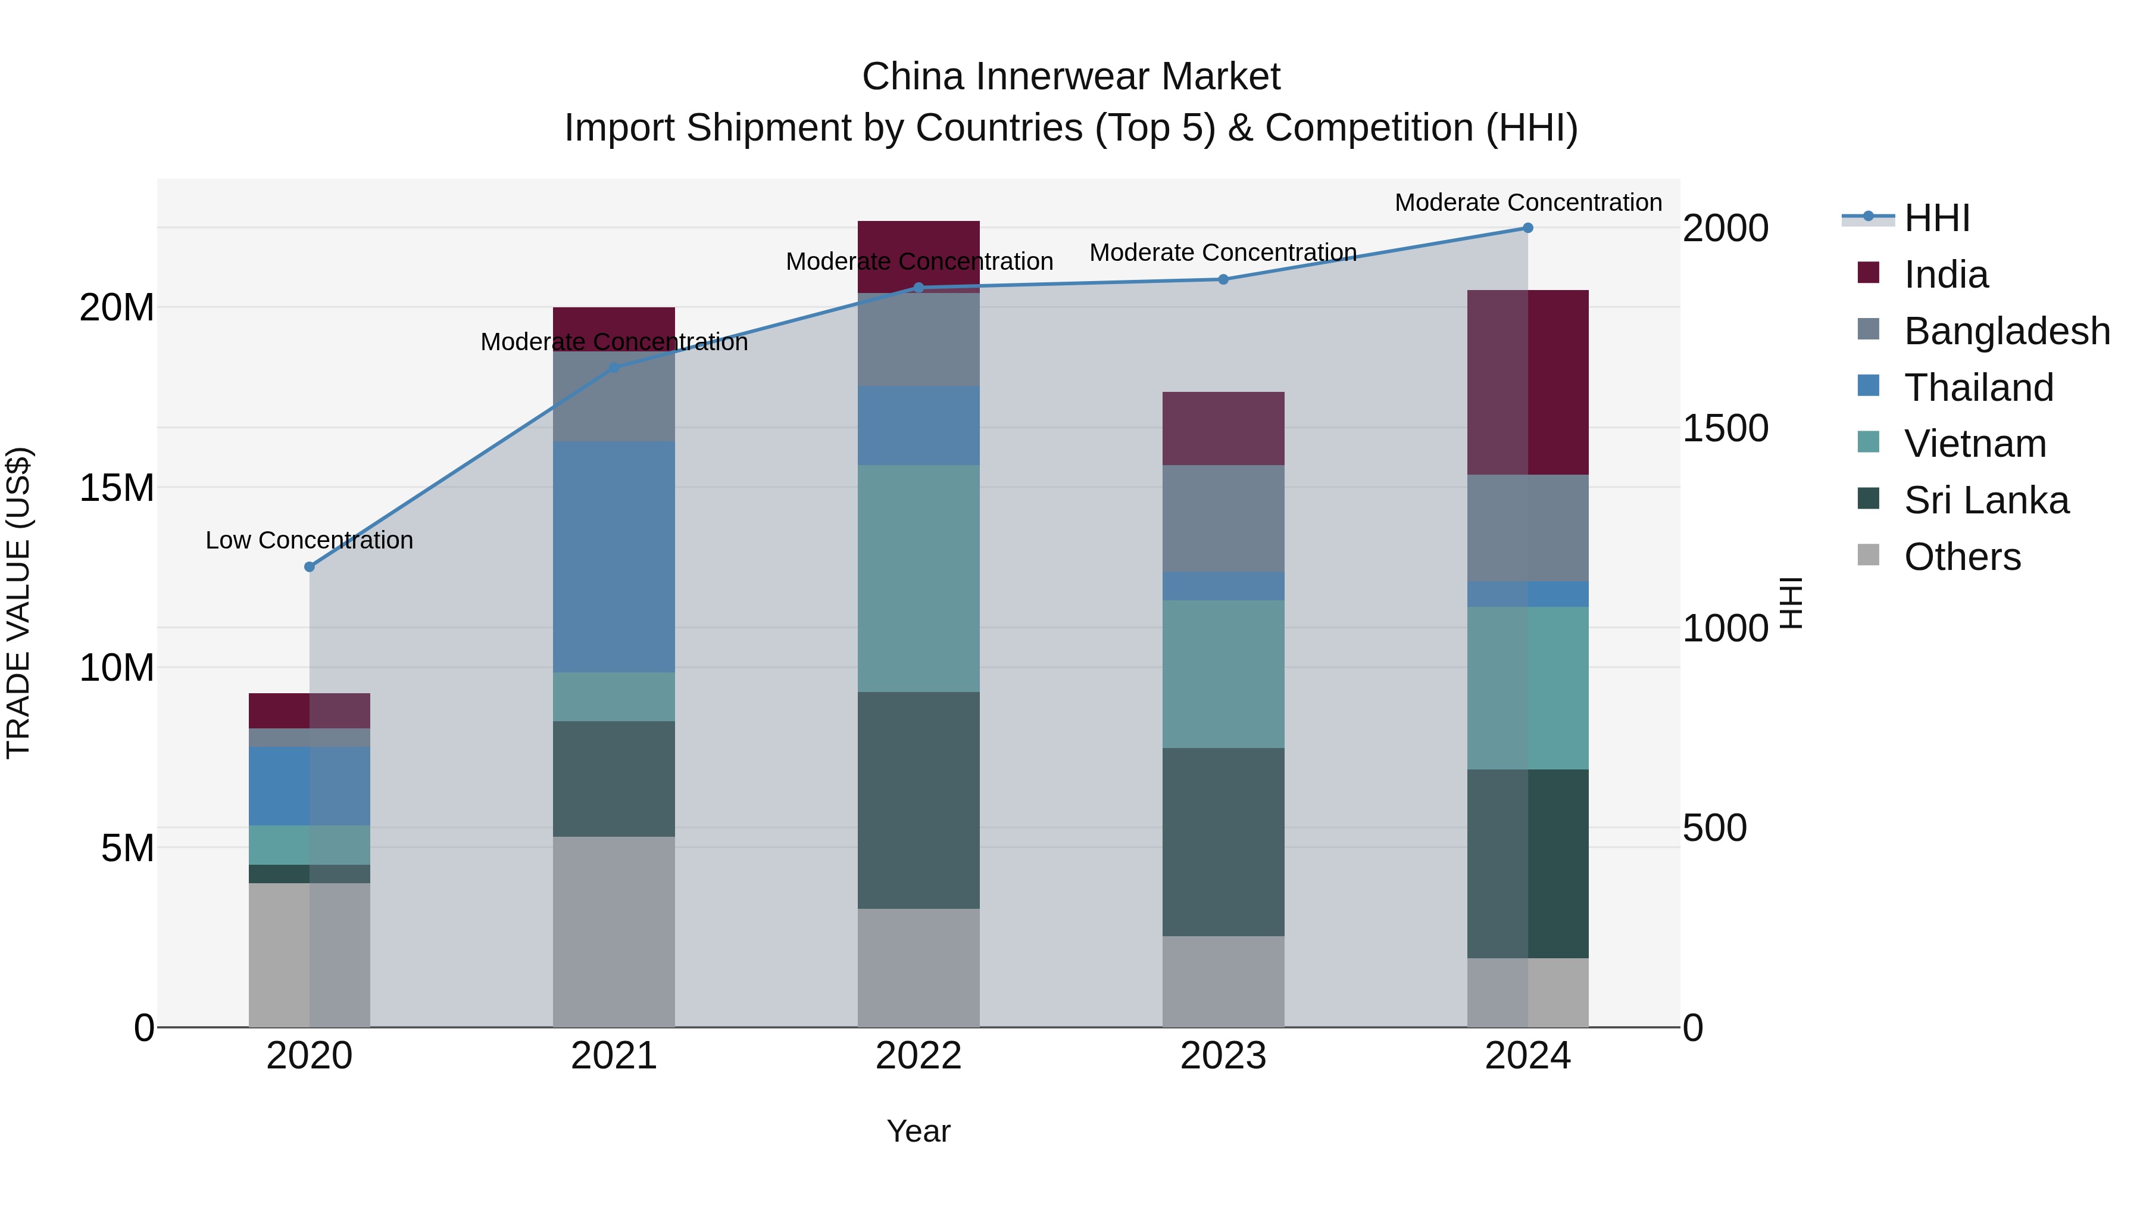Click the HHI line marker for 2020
[x=310, y=567]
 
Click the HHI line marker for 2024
[x=1527, y=228]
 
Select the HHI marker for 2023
[x=1223, y=280]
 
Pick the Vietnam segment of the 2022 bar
[x=919, y=578]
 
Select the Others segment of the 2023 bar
[x=1223, y=981]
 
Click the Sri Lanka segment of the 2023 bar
[x=1223, y=842]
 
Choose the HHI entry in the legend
[x=1936, y=218]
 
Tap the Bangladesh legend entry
[x=2005, y=331]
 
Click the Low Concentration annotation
[x=310, y=540]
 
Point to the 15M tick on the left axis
[x=117, y=488]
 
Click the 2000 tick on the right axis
[x=1725, y=228]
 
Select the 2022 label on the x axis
[x=919, y=1056]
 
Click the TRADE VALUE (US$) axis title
[x=18, y=603]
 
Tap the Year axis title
[x=919, y=1131]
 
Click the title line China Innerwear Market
[x=1071, y=77]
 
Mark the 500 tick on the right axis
[x=1714, y=828]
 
